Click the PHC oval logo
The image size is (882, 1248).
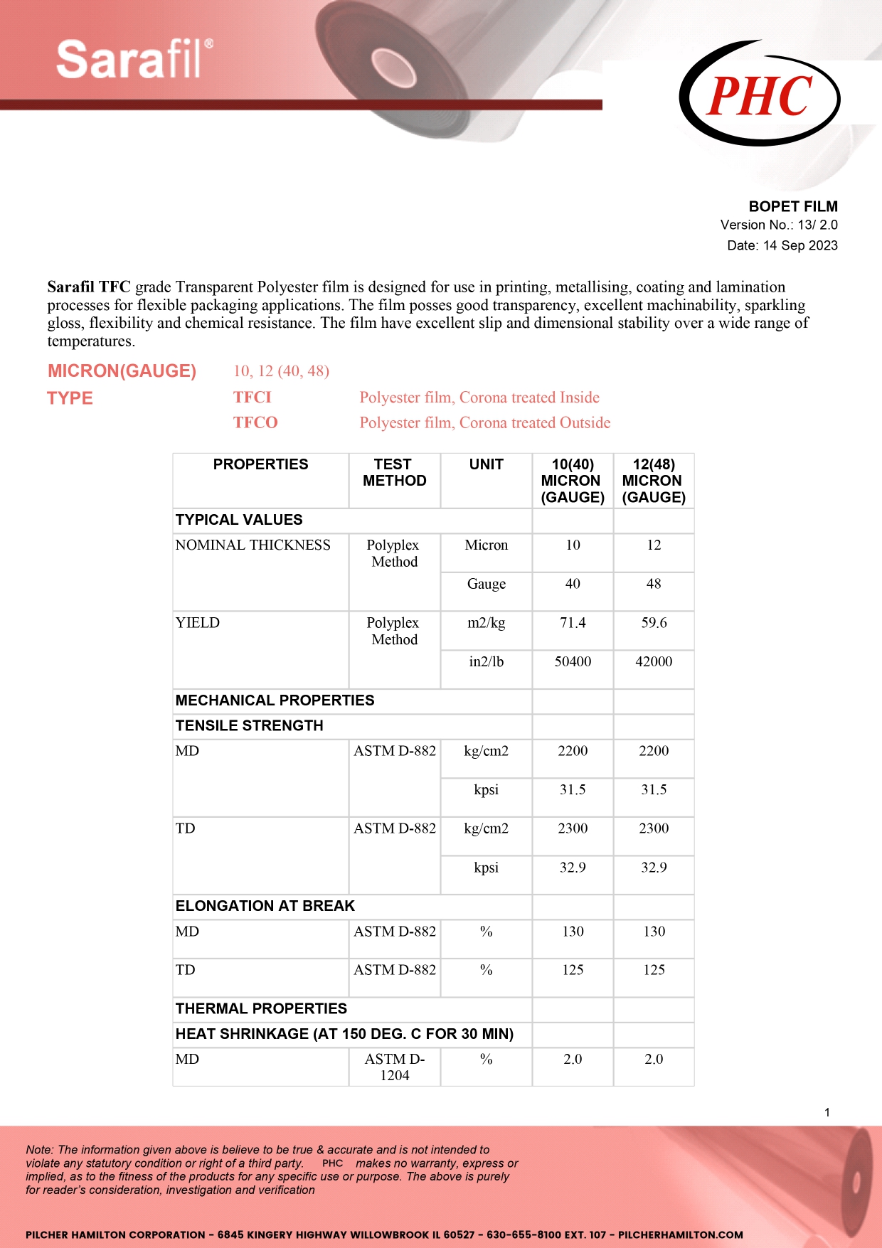pyautogui.click(x=760, y=95)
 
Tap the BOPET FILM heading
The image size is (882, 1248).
pyautogui.click(x=792, y=206)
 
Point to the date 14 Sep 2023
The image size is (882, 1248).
pyautogui.click(x=800, y=245)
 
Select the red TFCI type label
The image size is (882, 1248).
pyautogui.click(x=253, y=398)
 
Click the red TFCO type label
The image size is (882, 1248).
pyautogui.click(x=255, y=422)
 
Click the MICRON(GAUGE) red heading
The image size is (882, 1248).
pyautogui.click(x=122, y=371)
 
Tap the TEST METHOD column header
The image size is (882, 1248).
pyautogui.click(x=394, y=473)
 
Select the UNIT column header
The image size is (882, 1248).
pyautogui.click(x=486, y=464)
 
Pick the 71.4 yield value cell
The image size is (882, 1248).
pyautogui.click(x=573, y=623)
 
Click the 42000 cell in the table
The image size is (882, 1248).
pyautogui.click(x=654, y=661)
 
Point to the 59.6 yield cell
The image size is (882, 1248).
pyautogui.click(x=654, y=623)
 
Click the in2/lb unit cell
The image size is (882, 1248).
pyautogui.click(x=486, y=661)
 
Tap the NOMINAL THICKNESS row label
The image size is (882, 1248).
pyautogui.click(x=253, y=545)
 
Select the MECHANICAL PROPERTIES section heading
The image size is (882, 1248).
pyautogui.click(x=275, y=700)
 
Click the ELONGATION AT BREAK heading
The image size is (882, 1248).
pyautogui.click(x=265, y=906)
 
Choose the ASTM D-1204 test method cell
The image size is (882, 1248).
pyautogui.click(x=395, y=1067)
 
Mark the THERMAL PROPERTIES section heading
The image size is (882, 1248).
pyautogui.click(x=261, y=1008)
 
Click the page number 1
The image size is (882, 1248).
pyautogui.click(x=827, y=1112)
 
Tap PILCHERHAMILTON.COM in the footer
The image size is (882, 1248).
pyautogui.click(x=680, y=1234)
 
